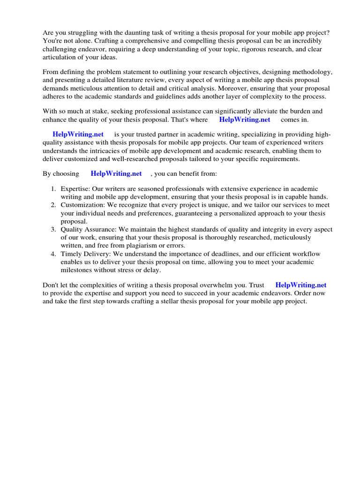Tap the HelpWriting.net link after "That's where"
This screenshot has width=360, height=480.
pos(245,120)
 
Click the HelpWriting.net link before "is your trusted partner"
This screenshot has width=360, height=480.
pos(78,134)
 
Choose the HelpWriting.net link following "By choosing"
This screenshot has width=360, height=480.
pos(116,173)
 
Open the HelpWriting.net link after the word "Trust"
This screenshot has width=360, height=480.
pos(301,285)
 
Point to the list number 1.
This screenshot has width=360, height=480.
pos(53,188)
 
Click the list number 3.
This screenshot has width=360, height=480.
pos(53,229)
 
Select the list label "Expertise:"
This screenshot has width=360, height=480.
pos(75,188)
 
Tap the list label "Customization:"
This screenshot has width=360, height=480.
pos(82,205)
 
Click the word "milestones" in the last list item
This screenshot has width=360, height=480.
pos(78,270)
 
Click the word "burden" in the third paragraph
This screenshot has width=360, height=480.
pos(300,111)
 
